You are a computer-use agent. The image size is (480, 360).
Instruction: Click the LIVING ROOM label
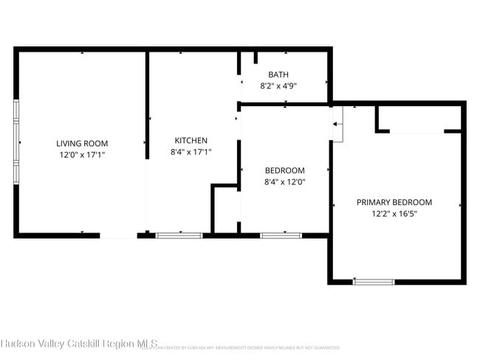tap(82, 144)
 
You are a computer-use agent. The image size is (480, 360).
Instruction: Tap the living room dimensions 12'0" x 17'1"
tap(82, 156)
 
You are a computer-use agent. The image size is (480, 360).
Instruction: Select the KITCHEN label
tap(191, 141)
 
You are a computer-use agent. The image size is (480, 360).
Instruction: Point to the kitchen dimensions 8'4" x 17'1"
tap(191, 153)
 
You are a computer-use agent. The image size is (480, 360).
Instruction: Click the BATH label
tap(278, 75)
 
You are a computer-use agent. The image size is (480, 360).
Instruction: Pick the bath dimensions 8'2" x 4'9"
tap(278, 86)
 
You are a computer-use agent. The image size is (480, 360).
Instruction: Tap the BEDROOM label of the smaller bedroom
tap(284, 170)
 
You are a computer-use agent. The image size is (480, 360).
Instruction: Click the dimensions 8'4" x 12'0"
tap(284, 182)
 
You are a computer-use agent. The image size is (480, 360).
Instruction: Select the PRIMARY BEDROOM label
tap(394, 202)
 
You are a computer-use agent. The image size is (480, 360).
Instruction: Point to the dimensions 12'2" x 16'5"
tap(394, 214)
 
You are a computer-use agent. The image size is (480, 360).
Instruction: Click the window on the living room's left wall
tap(16, 141)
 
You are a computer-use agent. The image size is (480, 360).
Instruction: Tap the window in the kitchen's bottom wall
tap(179, 235)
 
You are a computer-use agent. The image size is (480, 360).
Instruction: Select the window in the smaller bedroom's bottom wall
tap(281, 235)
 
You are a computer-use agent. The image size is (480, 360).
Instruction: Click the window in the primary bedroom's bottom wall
tap(374, 281)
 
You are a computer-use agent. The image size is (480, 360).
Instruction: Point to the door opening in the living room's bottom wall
tap(118, 236)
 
